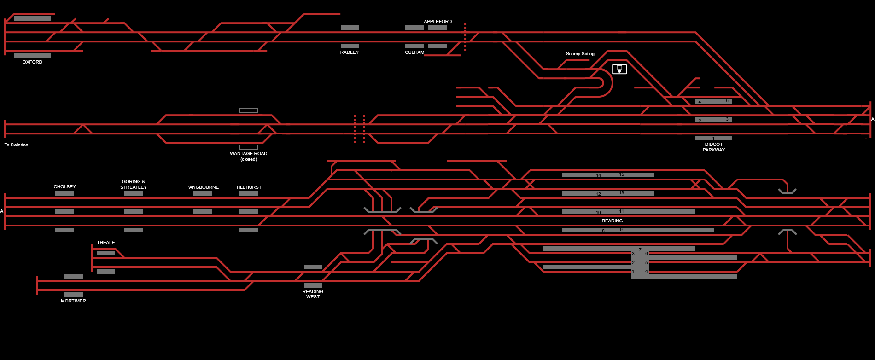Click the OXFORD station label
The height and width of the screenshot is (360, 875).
tap(32, 62)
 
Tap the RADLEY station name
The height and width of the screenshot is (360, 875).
tap(350, 52)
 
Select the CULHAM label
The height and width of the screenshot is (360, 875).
tap(414, 52)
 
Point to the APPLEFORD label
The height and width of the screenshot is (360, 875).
tap(437, 22)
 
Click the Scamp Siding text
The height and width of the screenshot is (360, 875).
tap(580, 54)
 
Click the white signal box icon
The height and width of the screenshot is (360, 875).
tap(619, 69)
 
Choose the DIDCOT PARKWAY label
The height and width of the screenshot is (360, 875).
tap(713, 147)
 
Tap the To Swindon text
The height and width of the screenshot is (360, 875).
tap(17, 145)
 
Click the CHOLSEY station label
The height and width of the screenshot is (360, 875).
tap(64, 187)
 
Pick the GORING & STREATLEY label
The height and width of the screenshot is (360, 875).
tap(134, 185)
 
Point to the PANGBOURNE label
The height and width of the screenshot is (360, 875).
tap(202, 187)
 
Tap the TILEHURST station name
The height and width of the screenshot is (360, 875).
tap(249, 187)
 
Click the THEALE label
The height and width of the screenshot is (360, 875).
tap(106, 243)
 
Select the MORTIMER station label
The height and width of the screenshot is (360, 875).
tap(73, 301)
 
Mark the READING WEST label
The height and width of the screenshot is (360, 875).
tap(313, 294)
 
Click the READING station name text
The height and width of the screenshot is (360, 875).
tap(612, 221)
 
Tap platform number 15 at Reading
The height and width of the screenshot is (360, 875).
tap(622, 174)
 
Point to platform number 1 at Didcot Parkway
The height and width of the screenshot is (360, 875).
tap(713, 138)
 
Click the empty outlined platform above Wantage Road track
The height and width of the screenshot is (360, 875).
tap(249, 110)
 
